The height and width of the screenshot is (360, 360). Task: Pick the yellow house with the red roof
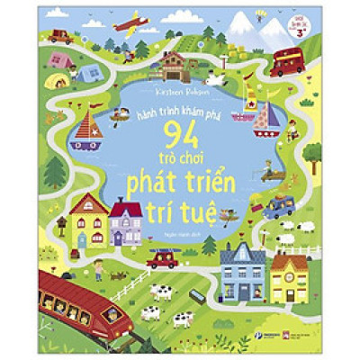[x=88, y=220]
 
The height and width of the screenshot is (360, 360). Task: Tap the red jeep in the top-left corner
[x=61, y=37]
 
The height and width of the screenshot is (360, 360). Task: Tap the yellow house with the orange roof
[x=289, y=276]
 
